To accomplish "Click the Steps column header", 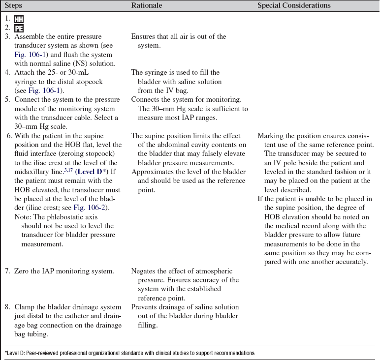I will coord(14,5).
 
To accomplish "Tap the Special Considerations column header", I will coord(294,5).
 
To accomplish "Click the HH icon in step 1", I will coord(19,20).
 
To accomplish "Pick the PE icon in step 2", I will coord(19,29).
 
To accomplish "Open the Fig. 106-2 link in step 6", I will coord(89,209).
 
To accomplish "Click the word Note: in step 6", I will coord(23,217).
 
